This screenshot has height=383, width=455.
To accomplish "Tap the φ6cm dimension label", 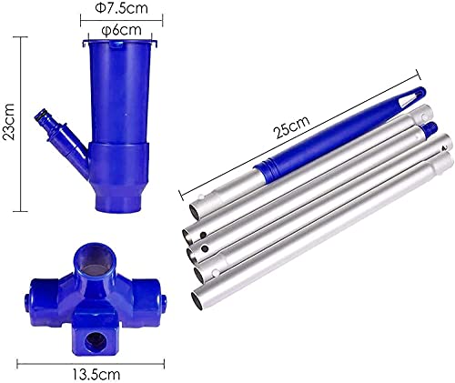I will pyautogui.click(x=120, y=30).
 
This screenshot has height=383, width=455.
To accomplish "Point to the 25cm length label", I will pyautogui.click(x=291, y=127).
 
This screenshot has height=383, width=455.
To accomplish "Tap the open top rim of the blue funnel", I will pyautogui.click(x=121, y=43).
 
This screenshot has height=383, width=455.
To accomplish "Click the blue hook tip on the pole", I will pyautogui.click(x=415, y=96).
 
